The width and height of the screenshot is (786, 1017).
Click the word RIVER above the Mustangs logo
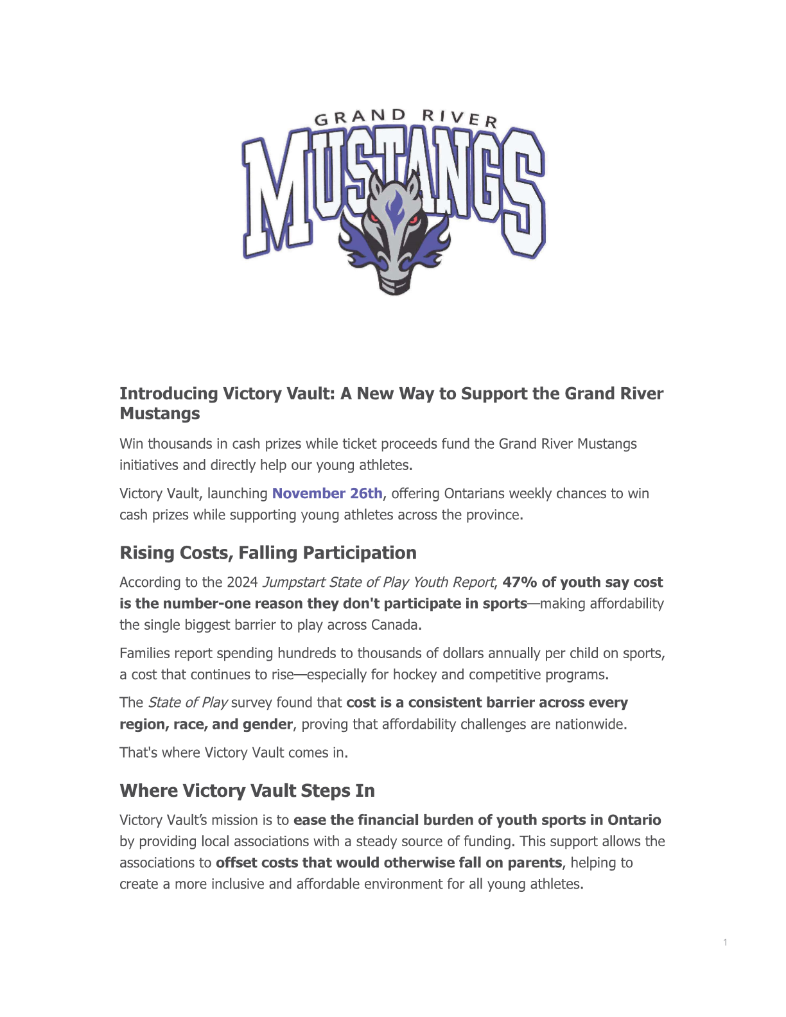point(460,117)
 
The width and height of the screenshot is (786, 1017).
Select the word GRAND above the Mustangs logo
point(360,117)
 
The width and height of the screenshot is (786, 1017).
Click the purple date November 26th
point(327,493)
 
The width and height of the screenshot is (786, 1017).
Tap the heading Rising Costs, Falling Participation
point(268,553)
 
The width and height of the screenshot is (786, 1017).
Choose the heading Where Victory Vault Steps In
point(247,790)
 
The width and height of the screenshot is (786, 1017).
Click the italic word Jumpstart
point(293,582)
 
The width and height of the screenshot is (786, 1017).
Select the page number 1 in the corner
point(725,943)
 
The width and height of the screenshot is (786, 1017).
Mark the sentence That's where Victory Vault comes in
point(234,752)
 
